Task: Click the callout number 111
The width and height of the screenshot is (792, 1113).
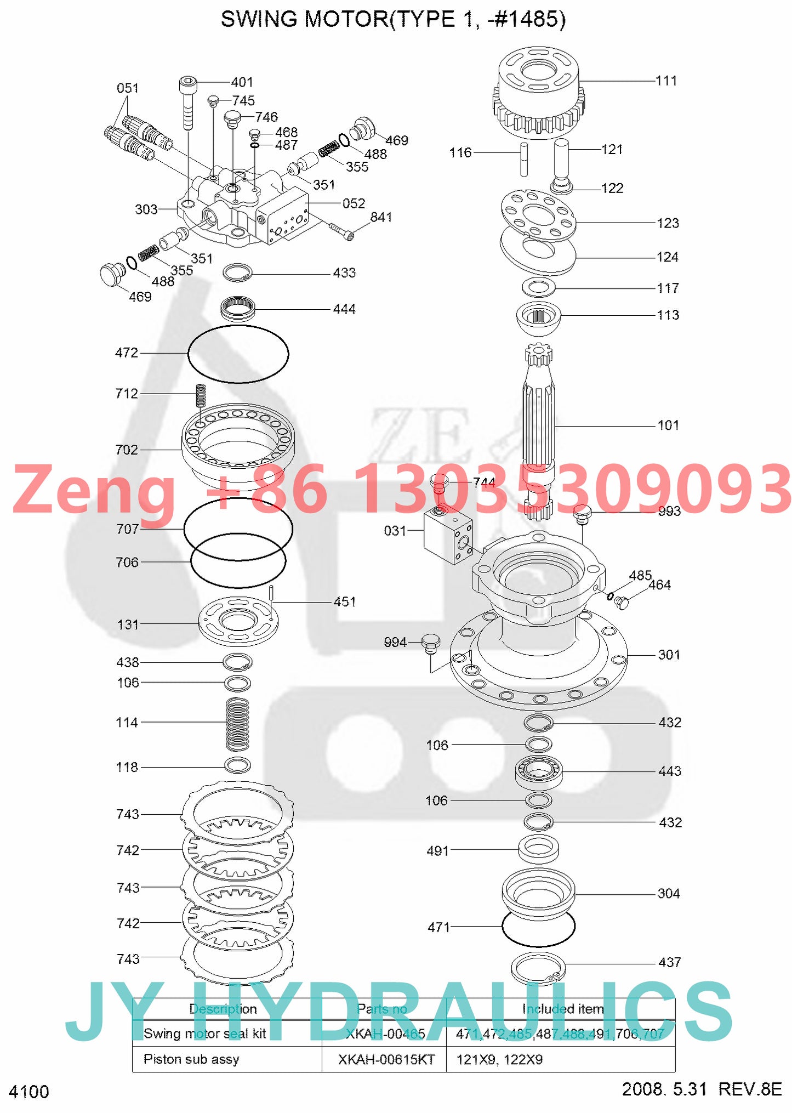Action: coord(666,81)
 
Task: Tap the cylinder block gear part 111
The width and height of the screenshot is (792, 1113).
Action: coord(539,93)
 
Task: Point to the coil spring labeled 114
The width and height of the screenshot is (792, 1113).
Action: coord(237,724)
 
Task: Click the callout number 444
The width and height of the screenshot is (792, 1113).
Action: coord(344,309)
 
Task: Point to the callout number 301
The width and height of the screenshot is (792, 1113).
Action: coord(669,655)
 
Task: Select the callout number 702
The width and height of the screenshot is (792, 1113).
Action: coord(127,450)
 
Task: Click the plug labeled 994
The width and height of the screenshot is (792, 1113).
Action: coord(431,643)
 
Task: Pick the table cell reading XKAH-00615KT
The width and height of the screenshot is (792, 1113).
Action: coord(386,1059)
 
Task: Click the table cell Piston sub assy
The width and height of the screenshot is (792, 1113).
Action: coord(191,1059)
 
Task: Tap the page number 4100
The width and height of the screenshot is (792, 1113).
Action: coord(29,1091)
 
